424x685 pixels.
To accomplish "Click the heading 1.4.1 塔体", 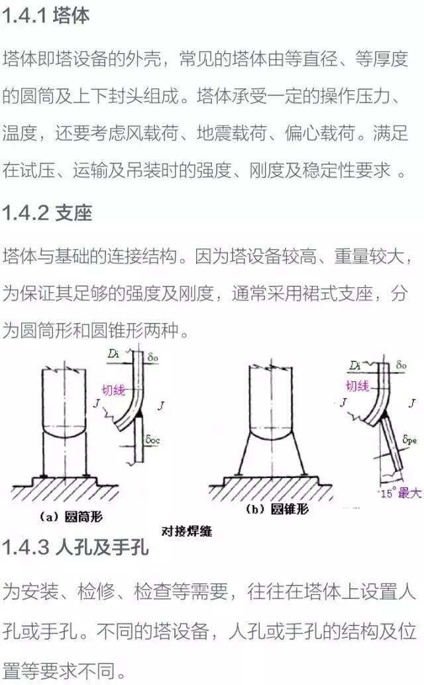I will tap(46, 17).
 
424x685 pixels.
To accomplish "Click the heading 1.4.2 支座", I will tap(47, 213).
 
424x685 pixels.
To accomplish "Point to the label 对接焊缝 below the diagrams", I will tap(187, 531).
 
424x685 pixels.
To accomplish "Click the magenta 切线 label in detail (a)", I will tap(113, 392).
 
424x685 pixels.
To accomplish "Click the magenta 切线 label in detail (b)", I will tap(357, 385).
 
